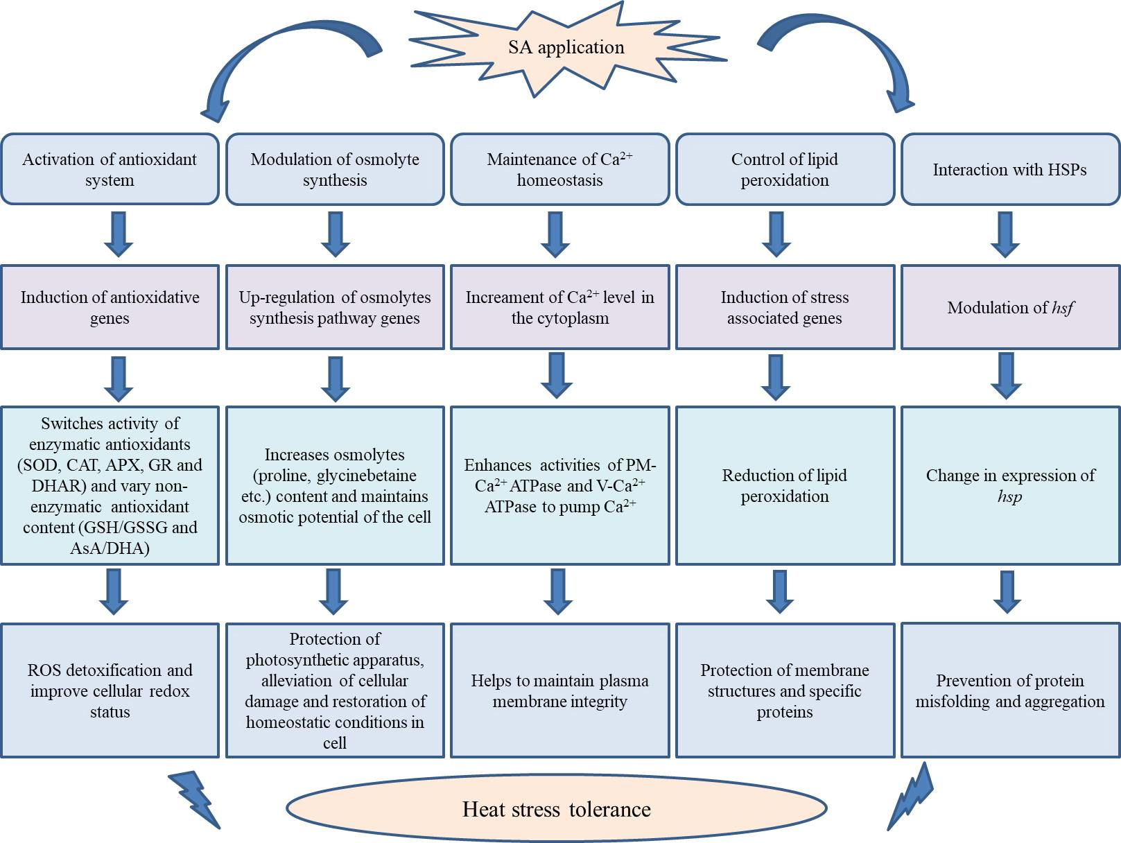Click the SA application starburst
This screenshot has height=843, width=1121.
click(566, 48)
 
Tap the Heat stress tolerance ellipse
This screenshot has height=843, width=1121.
click(556, 809)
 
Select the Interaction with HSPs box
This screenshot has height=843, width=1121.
click(1009, 170)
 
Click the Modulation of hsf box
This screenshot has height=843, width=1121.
click(1009, 307)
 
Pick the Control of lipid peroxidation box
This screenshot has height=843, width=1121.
click(785, 170)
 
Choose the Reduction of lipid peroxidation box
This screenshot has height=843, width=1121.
click(785, 485)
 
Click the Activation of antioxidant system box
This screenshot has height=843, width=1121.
click(110, 170)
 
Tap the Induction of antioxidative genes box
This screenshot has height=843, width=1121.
click(110, 307)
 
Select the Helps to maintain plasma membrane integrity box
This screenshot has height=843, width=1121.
click(559, 690)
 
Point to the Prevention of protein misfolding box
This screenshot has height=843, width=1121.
click(1009, 690)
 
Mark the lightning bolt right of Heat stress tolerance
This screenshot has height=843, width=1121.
click(912, 797)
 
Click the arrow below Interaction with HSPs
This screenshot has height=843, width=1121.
click(1005, 234)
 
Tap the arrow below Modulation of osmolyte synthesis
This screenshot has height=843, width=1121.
click(336, 234)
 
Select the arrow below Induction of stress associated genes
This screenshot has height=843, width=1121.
click(776, 377)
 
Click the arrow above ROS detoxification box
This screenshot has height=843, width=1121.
click(114, 591)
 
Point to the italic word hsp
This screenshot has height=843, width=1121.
click(1009, 496)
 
